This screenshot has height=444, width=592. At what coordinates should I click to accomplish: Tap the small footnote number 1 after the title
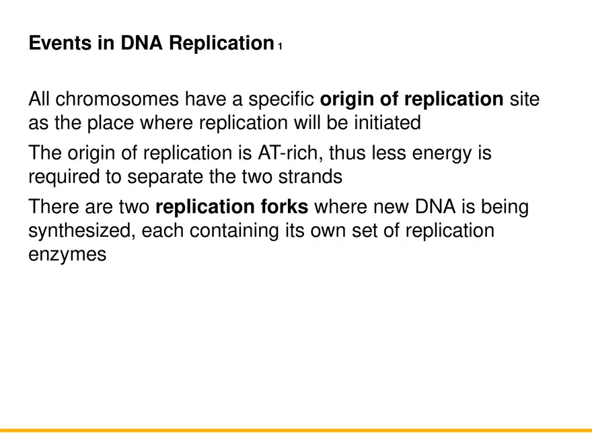[x=280, y=46]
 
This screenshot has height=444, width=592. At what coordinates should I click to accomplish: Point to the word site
[x=525, y=100]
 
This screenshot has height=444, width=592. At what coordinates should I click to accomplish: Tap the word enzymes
[x=67, y=254]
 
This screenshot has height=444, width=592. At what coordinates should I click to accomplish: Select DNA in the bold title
[x=143, y=44]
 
